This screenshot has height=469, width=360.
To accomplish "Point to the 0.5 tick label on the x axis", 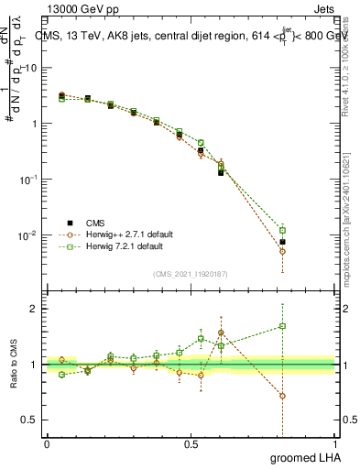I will [x=191, y=444].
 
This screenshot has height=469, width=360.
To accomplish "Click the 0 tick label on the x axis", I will [x=47, y=444].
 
